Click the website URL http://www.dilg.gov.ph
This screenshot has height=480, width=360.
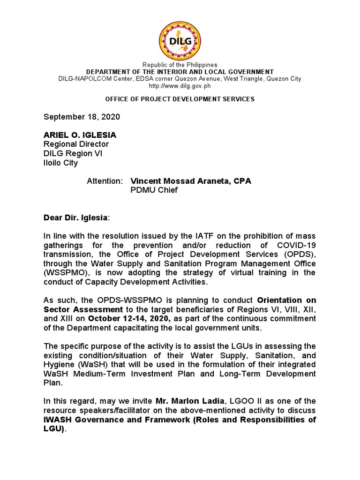click(180, 86)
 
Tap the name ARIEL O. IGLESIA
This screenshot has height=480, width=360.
click(80, 135)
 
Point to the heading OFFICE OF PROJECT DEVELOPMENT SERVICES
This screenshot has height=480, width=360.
click(180, 99)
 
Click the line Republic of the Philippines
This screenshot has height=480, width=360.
click(180, 65)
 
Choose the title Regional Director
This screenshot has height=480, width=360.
click(76, 144)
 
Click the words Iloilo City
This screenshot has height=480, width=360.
click(61, 163)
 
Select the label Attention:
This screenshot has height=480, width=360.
click(105, 181)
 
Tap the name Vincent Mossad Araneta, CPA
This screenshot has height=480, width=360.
click(191, 181)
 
